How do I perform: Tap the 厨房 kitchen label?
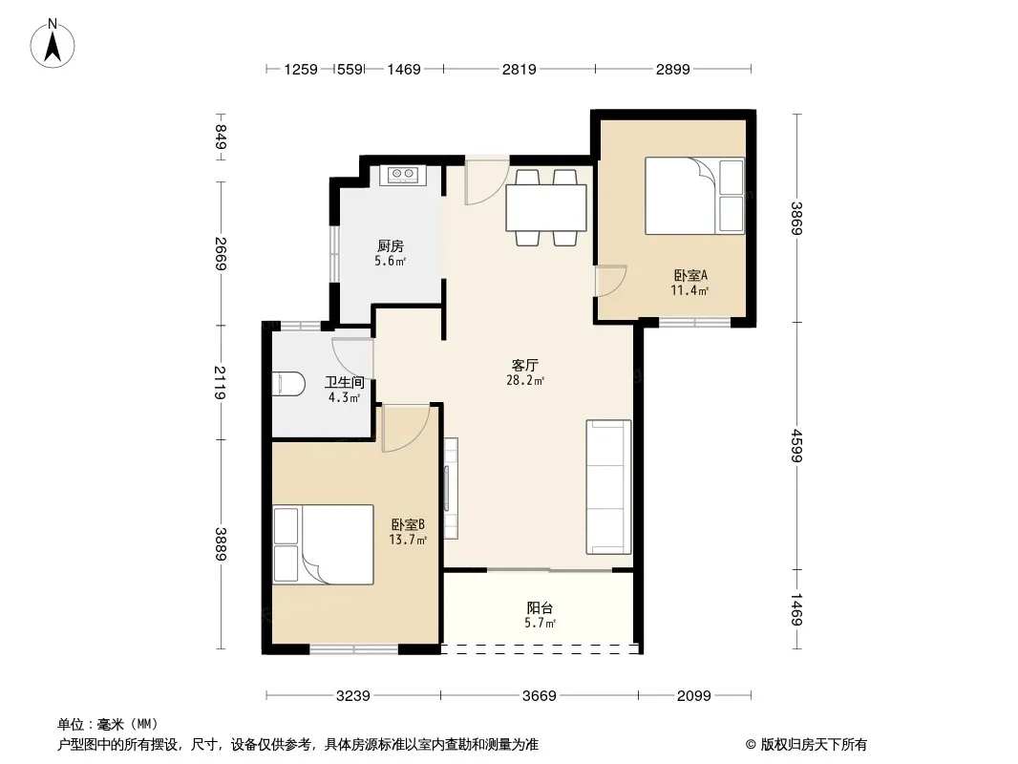(391, 246)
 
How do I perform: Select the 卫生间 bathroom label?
(344, 382)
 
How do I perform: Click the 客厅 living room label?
(524, 365)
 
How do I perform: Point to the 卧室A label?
(690, 275)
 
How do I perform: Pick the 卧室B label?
(408, 524)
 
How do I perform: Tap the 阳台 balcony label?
(540, 608)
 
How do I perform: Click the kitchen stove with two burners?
(402, 175)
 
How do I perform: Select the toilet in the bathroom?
(287, 384)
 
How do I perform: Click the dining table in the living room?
(546, 208)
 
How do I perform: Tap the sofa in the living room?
(608, 487)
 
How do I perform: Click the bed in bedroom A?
(694, 196)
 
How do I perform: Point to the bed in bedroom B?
(323, 544)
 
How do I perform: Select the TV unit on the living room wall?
(450, 488)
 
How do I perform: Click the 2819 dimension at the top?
(520, 69)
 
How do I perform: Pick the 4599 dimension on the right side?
(797, 447)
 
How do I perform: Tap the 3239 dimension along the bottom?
(353, 696)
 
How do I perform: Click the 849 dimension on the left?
(222, 137)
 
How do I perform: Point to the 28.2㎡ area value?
(524, 380)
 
